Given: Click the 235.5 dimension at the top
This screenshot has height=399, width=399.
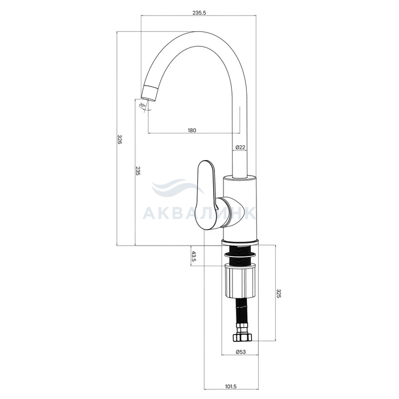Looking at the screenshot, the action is (199, 13).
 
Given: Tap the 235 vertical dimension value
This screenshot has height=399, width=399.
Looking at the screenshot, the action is (138, 171).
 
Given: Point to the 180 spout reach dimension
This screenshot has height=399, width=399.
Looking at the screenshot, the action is (192, 131).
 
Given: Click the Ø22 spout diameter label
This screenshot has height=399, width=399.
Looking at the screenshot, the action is (240, 147).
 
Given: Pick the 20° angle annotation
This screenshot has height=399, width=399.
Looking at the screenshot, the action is (142, 105).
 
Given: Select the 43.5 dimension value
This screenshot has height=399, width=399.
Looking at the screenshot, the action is (194, 256).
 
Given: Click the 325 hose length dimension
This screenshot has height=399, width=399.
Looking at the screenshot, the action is (278, 294).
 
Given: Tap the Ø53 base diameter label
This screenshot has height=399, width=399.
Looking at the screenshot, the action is (241, 352).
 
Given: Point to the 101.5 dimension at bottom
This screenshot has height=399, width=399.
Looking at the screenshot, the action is (231, 386).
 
